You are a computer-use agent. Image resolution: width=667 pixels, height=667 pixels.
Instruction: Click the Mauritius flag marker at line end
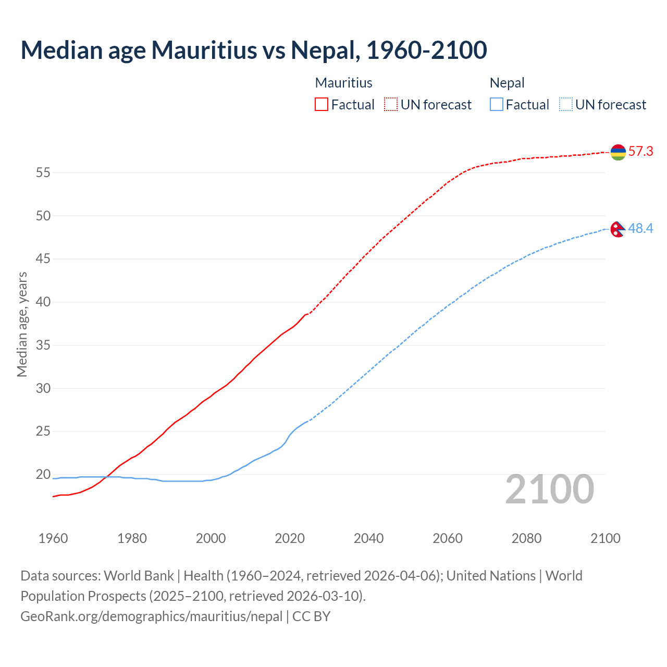click(x=618, y=152)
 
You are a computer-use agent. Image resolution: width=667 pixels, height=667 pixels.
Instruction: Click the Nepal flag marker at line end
click(x=617, y=229)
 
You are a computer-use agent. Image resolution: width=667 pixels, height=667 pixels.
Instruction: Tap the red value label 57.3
click(x=640, y=152)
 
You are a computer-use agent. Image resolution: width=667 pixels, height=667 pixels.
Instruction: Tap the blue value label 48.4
click(x=640, y=229)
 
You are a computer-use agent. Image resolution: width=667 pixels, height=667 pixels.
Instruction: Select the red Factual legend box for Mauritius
click(x=322, y=105)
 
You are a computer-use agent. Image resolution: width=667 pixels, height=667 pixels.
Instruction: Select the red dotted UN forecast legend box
click(x=391, y=105)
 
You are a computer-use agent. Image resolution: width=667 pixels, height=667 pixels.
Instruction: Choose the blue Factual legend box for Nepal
click(x=497, y=105)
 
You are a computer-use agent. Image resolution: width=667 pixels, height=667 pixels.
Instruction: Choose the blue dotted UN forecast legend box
click(x=566, y=105)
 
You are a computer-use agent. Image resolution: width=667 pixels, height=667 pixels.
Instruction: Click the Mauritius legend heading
click(x=343, y=83)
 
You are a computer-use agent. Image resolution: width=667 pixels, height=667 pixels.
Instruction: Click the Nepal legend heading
click(x=507, y=83)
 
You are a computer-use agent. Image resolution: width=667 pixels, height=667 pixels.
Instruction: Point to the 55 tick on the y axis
click(x=43, y=172)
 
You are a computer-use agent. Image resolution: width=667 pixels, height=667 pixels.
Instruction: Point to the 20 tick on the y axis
click(x=43, y=474)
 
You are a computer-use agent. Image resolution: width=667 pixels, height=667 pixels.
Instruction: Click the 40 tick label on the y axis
click(x=43, y=302)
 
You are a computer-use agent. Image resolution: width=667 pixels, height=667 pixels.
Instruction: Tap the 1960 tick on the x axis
click(x=53, y=538)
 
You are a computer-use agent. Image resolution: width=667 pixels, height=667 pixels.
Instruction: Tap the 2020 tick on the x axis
click(x=290, y=538)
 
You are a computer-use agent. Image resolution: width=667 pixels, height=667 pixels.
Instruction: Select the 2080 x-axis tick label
click(x=526, y=538)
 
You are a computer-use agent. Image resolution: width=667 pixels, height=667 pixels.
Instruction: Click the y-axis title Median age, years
click(x=22, y=324)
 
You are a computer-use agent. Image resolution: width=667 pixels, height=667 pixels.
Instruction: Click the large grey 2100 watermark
click(x=550, y=489)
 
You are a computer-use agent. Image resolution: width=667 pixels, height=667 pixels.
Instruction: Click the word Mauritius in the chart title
click(x=204, y=50)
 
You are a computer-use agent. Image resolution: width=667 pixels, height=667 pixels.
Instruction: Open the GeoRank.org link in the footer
click(x=151, y=616)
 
